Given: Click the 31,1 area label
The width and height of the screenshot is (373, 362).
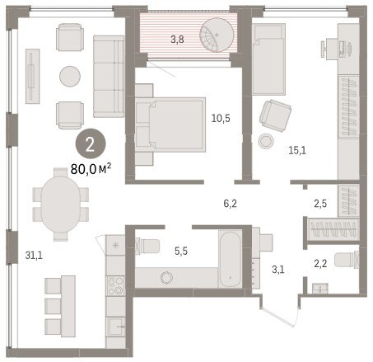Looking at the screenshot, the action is (x=34, y=256).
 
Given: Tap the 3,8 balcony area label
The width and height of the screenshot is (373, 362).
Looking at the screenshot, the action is (x=177, y=40).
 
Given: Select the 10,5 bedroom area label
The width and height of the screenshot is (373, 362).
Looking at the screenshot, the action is (x=221, y=118).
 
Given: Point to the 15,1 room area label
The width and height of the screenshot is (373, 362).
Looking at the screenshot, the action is (x=297, y=150).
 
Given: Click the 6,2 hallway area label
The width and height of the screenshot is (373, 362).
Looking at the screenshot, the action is (x=230, y=204).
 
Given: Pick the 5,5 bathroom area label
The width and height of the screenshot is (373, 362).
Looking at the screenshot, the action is (x=181, y=251).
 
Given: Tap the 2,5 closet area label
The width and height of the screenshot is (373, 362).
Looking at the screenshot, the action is (x=320, y=204).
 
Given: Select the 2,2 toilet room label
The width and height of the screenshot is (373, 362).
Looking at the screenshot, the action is (x=320, y=264).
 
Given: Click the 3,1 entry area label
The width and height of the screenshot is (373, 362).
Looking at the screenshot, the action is (x=278, y=270).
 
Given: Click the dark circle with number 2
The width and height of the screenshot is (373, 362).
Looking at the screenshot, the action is (x=91, y=144).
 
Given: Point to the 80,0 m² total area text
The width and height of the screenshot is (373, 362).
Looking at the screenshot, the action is (x=91, y=169).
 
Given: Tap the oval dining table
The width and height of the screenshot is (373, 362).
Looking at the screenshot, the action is (x=61, y=205).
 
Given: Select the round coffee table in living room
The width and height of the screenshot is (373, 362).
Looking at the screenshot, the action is (x=70, y=77).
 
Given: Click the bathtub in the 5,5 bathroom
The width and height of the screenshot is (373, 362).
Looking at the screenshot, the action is (x=230, y=259).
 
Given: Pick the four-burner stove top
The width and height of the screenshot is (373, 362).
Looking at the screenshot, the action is (x=115, y=285).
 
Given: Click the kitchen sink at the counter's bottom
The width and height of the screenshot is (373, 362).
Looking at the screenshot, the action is (x=115, y=327).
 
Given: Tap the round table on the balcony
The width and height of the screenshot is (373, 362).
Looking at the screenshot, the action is (x=217, y=35).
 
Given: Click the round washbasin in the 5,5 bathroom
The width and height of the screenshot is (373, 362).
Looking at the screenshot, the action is (x=167, y=278).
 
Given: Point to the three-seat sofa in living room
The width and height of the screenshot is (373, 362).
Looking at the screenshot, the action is (x=109, y=77).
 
